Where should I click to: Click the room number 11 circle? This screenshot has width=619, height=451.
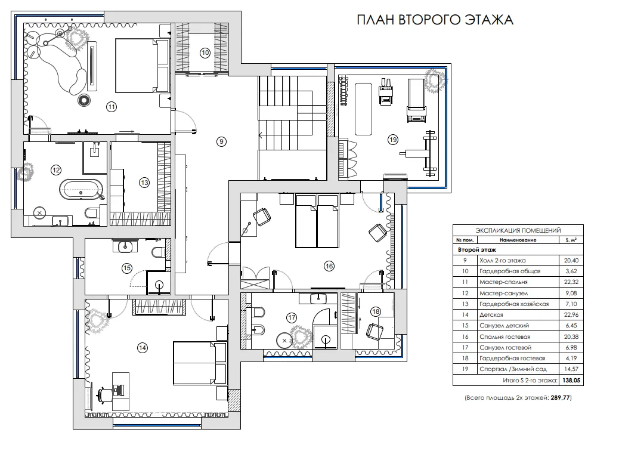(x=112, y=107)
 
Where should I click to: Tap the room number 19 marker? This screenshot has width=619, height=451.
(x=393, y=140)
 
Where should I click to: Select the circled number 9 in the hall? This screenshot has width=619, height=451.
(x=221, y=141)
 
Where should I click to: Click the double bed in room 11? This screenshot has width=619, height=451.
(x=137, y=65)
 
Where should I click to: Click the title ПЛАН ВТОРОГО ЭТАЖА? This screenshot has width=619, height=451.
(x=435, y=19)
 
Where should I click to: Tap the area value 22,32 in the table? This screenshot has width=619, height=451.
(x=571, y=282)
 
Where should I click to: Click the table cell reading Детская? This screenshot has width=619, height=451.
(x=491, y=315)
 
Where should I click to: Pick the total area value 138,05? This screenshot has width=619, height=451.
(x=571, y=381)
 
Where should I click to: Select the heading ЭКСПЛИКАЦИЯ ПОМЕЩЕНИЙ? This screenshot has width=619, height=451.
(x=518, y=230)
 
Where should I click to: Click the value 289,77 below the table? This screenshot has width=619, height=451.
(x=561, y=398)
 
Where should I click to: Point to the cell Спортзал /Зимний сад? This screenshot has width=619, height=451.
(x=513, y=369)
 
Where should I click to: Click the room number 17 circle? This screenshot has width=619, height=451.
(x=292, y=317)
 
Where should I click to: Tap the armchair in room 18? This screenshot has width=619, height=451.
(x=375, y=331)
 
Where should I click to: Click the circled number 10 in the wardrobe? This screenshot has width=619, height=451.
(x=205, y=52)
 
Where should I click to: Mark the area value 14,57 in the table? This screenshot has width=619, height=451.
(x=571, y=369)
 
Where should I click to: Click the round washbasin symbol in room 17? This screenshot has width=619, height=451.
(x=284, y=340)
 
